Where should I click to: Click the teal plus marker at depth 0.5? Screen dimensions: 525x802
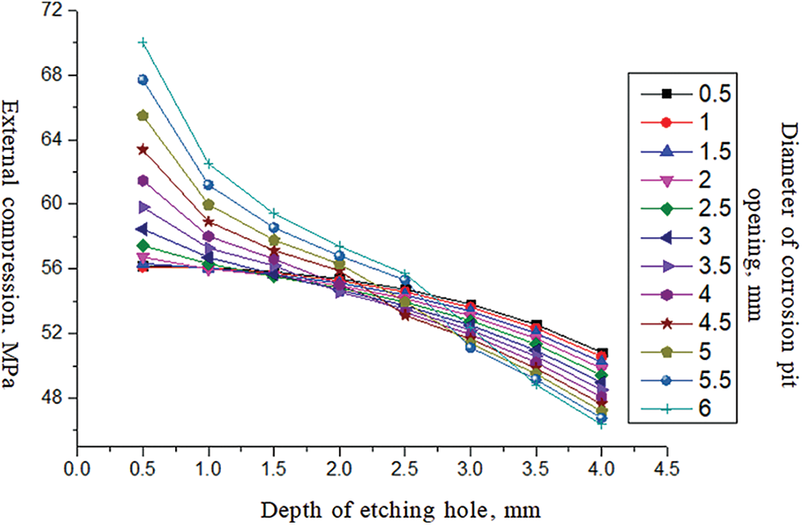[143, 43]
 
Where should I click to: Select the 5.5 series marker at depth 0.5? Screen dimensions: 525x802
[143, 80]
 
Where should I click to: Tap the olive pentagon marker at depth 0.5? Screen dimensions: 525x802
[143, 115]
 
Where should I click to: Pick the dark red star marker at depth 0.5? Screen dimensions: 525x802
[143, 150]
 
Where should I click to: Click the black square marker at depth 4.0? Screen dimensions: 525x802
[601, 352]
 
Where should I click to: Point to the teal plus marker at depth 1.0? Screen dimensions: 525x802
[209, 164]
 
